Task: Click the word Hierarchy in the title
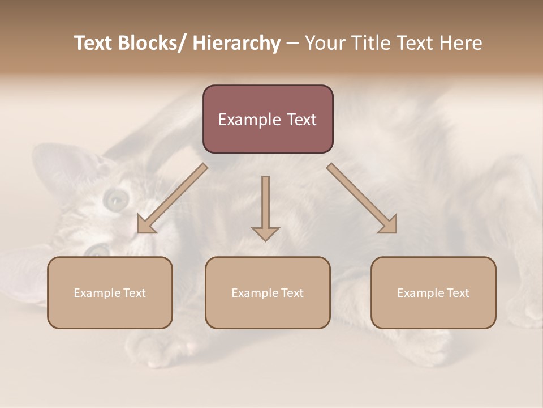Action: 236,44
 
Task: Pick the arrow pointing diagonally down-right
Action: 363,199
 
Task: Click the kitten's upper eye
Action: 117,198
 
